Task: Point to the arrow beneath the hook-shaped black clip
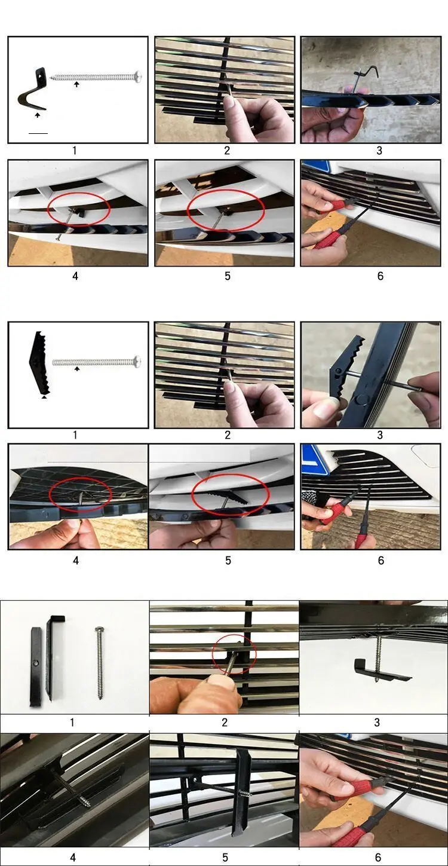(37, 115)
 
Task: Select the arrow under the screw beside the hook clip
(76, 84)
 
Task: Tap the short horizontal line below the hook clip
(38, 133)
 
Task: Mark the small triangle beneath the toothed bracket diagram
(44, 397)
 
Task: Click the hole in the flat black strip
(36, 663)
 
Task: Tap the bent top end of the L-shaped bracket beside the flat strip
(57, 618)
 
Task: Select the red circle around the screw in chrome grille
(234, 653)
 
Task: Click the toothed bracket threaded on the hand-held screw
(346, 363)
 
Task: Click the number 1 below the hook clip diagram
(74, 151)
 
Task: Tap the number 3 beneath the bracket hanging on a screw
(378, 722)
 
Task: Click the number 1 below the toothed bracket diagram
(75, 435)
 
